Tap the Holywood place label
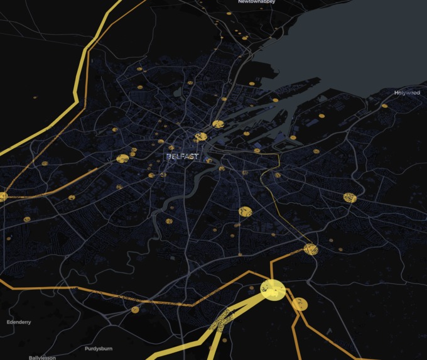(406, 93)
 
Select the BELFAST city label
(183, 156)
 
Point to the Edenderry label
(19, 322)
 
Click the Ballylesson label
(42, 357)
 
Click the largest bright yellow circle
(273, 289)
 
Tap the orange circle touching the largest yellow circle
(300, 305)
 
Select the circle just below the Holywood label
(384, 106)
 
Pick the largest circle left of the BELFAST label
(123, 158)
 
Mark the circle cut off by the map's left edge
(3, 197)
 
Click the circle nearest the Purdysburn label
(135, 310)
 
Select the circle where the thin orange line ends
(311, 249)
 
